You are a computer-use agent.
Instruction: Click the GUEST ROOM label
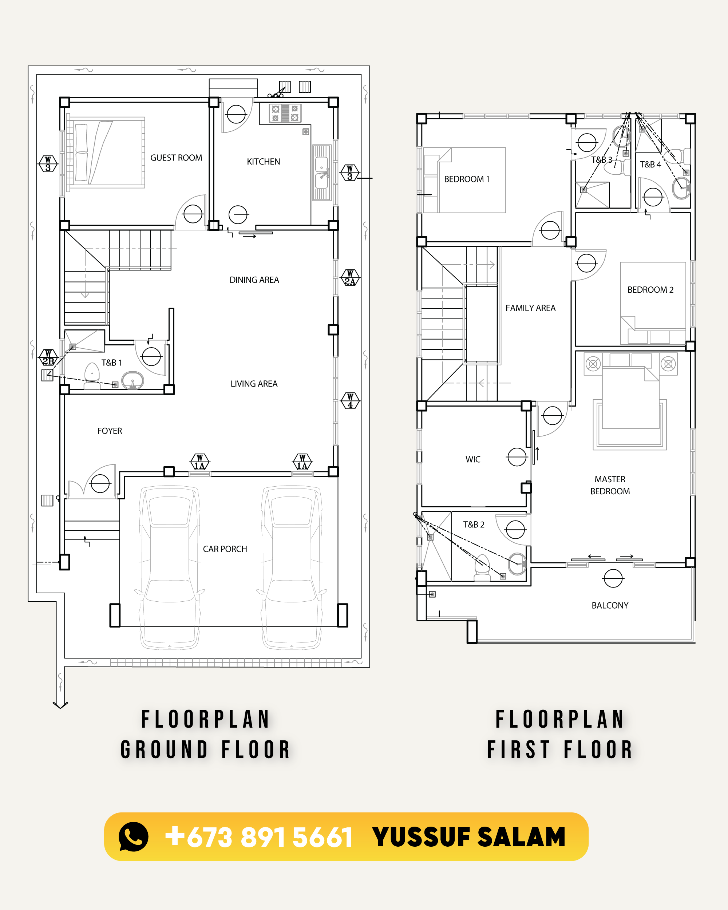click(x=176, y=158)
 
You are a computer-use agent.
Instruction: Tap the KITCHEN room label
click(x=263, y=162)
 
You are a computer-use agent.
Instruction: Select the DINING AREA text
click(x=254, y=280)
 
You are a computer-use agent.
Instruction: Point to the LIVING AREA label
click(x=254, y=384)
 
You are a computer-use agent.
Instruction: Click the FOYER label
click(x=110, y=431)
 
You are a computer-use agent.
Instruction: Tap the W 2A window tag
click(x=350, y=278)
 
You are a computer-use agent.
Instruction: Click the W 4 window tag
click(x=350, y=400)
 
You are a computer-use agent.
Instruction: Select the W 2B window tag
click(x=48, y=357)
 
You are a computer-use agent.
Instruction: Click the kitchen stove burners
click(x=285, y=113)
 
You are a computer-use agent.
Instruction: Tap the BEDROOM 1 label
click(x=467, y=179)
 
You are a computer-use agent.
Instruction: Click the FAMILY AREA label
click(x=530, y=308)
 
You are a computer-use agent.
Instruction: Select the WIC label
click(x=473, y=459)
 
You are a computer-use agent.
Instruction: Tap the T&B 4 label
click(x=650, y=165)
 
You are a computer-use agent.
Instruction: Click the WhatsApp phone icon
click(x=133, y=836)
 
